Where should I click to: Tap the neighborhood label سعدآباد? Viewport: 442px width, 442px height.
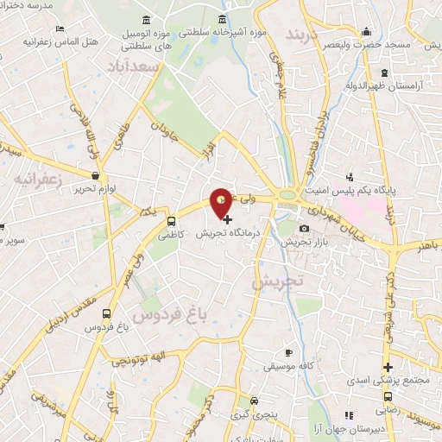[129, 66]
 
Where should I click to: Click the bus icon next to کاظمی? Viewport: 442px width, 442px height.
[172, 220]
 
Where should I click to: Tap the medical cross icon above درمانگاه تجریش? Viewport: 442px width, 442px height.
[227, 219]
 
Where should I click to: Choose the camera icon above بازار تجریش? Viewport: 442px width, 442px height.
[303, 228]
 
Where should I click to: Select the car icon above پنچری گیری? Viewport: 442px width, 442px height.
[253, 401]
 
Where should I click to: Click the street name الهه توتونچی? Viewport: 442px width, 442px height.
[133, 359]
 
